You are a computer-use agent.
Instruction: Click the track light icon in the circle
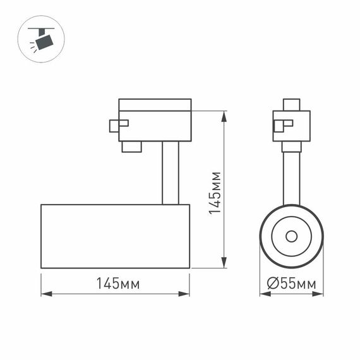[x=41, y=39]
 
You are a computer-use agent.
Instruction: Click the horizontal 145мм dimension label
[x=118, y=284]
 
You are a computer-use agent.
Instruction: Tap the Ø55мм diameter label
[x=291, y=284]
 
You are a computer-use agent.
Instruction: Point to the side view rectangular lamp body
[x=115, y=236]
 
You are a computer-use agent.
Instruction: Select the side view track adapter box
[x=155, y=120]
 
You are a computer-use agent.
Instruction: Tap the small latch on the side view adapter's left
[x=118, y=125]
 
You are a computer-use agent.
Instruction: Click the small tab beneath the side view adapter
[x=131, y=147]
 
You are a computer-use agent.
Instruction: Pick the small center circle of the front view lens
[x=291, y=236]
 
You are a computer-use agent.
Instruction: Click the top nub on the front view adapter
[x=291, y=105]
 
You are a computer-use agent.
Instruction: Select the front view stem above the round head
[x=291, y=177]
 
